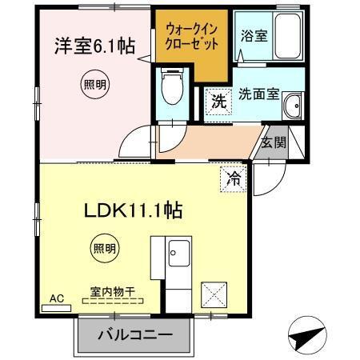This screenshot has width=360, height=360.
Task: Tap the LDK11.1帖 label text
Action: tap(134, 211)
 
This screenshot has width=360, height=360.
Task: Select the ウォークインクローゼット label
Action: tap(192, 38)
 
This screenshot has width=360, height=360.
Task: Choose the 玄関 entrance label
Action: tap(273, 142)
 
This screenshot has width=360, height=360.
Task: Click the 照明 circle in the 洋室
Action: tap(94, 84)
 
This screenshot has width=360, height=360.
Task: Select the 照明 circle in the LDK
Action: tap(102, 248)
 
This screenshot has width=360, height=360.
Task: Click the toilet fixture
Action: tap(171, 88)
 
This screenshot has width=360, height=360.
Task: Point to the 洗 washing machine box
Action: tap(218, 101)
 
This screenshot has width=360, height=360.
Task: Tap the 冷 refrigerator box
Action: tap(233, 178)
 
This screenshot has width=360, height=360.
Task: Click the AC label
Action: tap(56, 298)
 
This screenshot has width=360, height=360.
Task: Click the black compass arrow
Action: tap(307, 337)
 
